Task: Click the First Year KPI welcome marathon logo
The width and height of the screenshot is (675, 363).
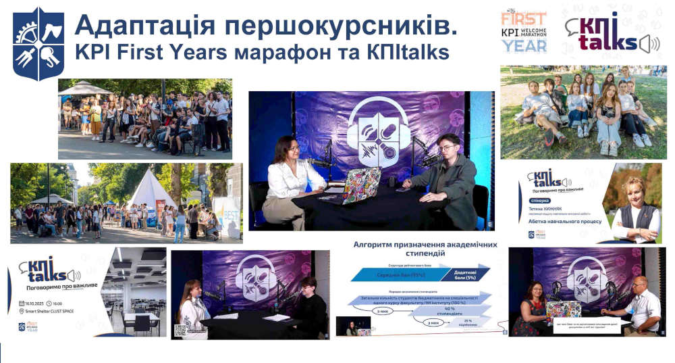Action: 524,32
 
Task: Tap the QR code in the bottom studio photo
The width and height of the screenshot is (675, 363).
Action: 180,330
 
